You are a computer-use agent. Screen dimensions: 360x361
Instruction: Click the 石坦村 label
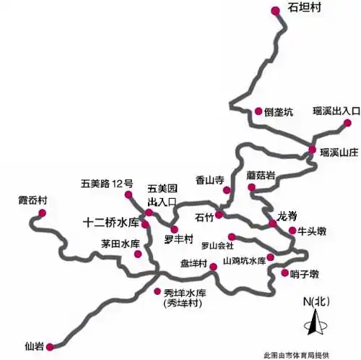click(x=303, y=9)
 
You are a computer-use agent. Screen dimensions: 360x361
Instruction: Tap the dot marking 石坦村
click(x=275, y=10)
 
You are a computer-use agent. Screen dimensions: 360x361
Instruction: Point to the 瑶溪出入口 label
click(x=336, y=111)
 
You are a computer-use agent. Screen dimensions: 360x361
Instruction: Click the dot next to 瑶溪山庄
click(x=313, y=150)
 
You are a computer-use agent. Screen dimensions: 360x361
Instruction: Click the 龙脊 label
click(x=287, y=215)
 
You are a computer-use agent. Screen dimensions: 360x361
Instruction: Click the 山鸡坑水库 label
click(x=243, y=261)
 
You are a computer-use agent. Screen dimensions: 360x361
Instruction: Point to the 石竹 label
click(x=204, y=216)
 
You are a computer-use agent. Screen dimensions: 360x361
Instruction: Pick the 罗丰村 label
click(x=178, y=239)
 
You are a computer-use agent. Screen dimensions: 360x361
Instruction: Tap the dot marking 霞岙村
click(x=43, y=213)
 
